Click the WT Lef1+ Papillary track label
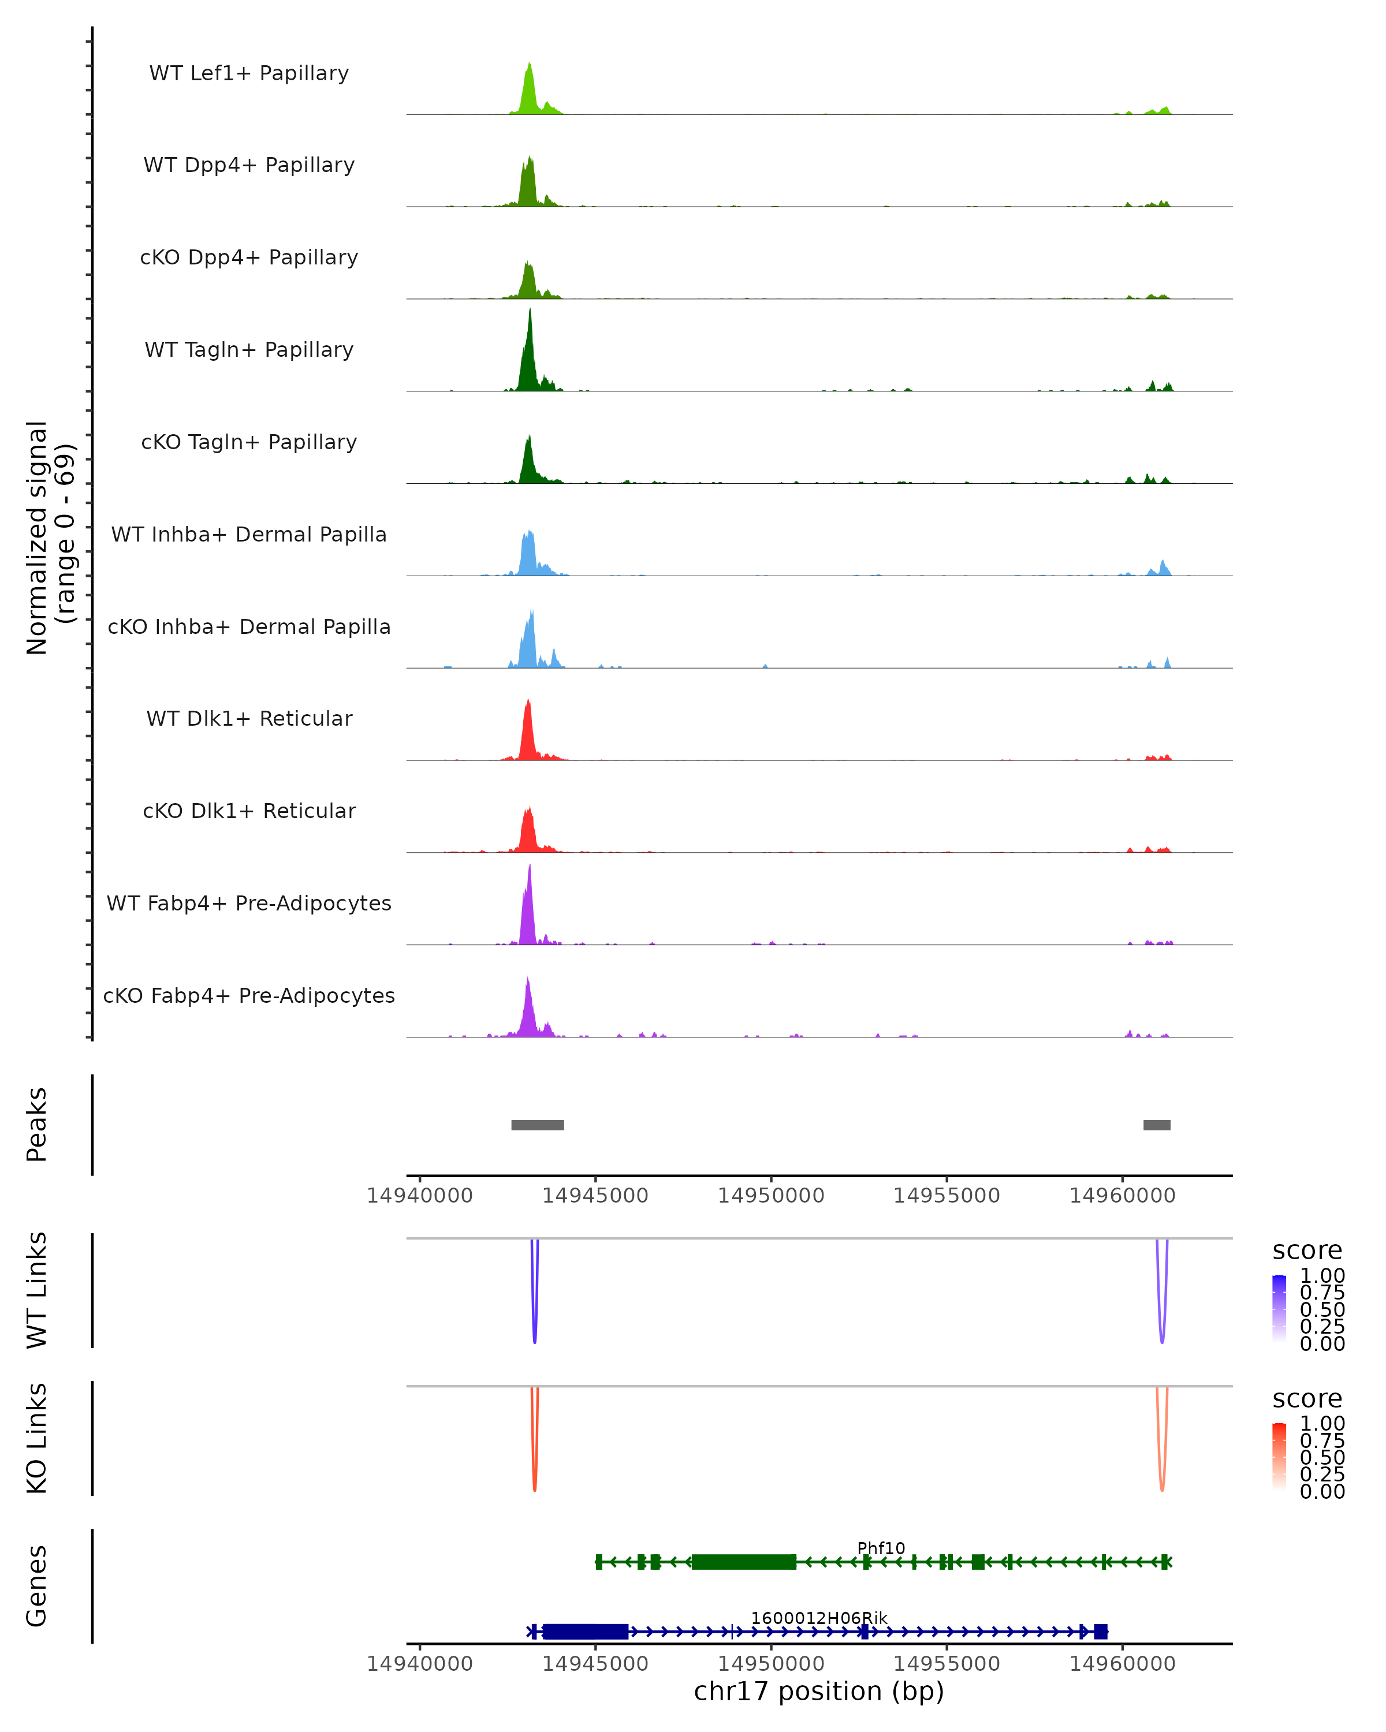[x=249, y=73]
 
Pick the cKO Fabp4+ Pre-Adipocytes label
[x=249, y=995]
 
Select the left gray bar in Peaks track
[x=538, y=1125]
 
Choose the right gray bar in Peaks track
[x=1156, y=1125]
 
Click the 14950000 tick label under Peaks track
[x=770, y=1196]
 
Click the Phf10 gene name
[x=881, y=1548]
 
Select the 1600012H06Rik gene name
[x=819, y=1618]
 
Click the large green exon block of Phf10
[x=744, y=1562]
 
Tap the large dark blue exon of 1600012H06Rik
[x=586, y=1632]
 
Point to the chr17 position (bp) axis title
[x=819, y=1692]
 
